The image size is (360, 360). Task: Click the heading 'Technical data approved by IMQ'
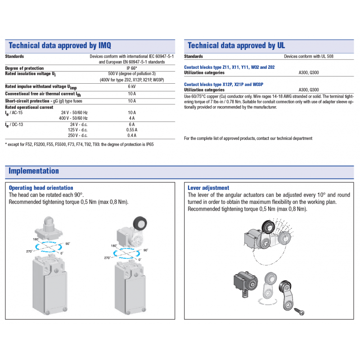[x=60, y=45]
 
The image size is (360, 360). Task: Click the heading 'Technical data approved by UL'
[x=236, y=45]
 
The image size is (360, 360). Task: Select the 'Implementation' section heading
[x=34, y=171]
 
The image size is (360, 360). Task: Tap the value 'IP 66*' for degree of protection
[x=132, y=68]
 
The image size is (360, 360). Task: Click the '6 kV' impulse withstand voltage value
[x=132, y=86]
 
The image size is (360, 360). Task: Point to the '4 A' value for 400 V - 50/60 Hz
[x=132, y=118]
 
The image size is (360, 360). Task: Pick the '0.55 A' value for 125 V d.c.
[x=132, y=130]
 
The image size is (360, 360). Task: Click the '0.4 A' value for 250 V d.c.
[x=132, y=135]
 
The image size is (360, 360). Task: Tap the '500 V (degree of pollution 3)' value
[x=132, y=74]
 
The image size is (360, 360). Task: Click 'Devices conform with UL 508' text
[x=309, y=57]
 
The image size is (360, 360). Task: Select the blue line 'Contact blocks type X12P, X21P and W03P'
[x=223, y=84]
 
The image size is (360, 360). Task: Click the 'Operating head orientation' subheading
[x=41, y=188]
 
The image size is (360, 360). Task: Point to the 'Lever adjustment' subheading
[x=208, y=188]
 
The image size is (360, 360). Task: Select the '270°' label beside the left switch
[x=30, y=252]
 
